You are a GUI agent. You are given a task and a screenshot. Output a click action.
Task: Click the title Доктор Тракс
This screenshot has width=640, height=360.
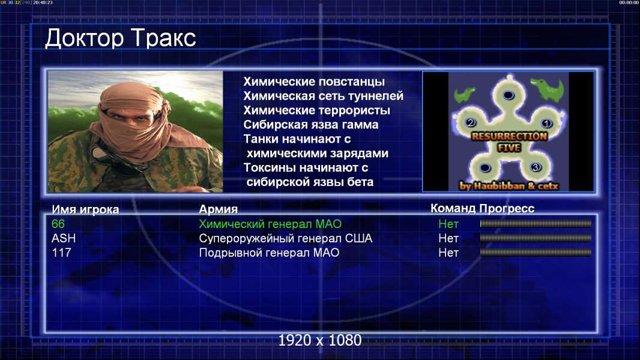click(121, 38)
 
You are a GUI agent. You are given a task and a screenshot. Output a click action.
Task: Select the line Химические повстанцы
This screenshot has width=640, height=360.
click(314, 82)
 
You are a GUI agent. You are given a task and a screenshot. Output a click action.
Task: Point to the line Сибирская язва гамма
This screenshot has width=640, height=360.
click(311, 125)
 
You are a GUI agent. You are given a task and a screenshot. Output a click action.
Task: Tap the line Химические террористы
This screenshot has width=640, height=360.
click(317, 110)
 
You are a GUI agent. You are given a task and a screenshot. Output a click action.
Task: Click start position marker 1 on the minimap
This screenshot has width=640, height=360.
click(546, 123)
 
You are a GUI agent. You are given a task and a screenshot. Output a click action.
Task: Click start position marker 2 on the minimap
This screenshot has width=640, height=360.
click(471, 122)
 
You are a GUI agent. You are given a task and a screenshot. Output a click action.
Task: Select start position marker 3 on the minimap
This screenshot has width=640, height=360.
click(536, 167)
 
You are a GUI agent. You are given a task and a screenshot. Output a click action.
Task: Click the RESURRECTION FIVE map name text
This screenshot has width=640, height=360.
click(509, 142)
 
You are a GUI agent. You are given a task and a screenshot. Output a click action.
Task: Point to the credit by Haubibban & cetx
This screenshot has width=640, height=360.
click(509, 186)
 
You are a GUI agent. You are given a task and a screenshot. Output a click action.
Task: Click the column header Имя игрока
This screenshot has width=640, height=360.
click(85, 209)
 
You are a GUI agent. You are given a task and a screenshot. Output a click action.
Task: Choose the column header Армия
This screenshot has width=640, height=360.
click(219, 209)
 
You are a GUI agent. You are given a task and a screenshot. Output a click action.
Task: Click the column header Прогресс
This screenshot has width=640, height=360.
click(507, 209)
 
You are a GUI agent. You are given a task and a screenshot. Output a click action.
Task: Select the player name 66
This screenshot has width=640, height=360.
click(58, 224)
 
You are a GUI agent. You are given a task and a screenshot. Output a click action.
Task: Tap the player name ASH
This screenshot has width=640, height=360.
click(64, 238)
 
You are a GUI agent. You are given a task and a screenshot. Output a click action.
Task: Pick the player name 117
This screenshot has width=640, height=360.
click(61, 253)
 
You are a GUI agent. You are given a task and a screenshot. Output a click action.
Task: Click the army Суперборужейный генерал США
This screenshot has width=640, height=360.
click(286, 239)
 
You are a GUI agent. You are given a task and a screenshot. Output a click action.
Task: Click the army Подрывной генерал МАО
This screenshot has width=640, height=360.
click(269, 253)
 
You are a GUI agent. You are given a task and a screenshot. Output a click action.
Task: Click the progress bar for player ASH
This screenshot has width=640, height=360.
click(536, 238)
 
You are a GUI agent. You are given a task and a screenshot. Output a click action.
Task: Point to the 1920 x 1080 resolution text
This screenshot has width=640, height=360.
click(320, 340)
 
